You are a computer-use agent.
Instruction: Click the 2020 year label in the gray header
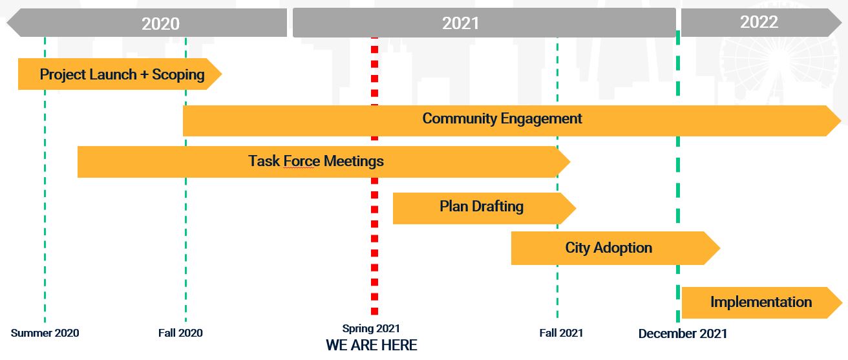[x=160, y=24]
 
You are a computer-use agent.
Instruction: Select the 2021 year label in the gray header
[x=461, y=23]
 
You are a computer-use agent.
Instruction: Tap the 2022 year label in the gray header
[x=759, y=22]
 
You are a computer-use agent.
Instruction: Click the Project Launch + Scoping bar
[x=120, y=74]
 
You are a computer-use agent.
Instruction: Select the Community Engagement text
[x=502, y=118]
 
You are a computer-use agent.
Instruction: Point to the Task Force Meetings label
[x=315, y=162]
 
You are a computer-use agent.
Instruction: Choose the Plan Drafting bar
[x=484, y=208]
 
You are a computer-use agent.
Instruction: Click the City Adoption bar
[x=615, y=248]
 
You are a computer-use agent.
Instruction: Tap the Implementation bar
[x=761, y=302]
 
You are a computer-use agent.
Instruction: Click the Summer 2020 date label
[x=45, y=333]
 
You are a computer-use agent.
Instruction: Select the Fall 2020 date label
[x=180, y=333]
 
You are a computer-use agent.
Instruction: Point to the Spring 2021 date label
[x=371, y=328]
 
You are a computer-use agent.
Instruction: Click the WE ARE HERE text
[x=372, y=345]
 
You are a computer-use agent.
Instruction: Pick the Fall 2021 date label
[x=561, y=333]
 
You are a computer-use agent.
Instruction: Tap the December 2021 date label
[x=683, y=334]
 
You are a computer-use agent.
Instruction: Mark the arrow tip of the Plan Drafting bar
[x=575, y=208]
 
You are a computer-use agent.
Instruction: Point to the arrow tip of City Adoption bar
[x=719, y=248]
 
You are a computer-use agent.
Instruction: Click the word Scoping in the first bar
[x=178, y=75]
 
